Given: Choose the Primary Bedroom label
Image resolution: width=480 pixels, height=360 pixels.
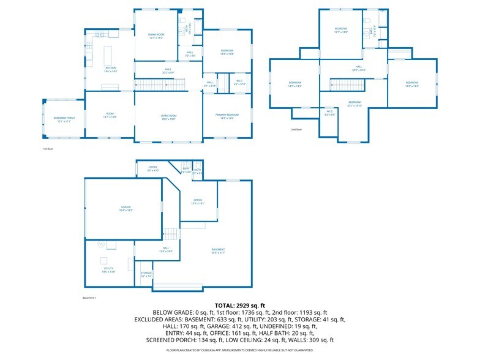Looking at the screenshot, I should (x=227, y=114).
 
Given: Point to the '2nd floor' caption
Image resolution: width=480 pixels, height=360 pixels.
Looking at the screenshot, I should (x=297, y=130).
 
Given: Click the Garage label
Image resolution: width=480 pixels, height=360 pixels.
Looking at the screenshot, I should (x=126, y=208).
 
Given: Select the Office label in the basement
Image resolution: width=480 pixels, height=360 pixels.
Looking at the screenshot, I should (x=198, y=200).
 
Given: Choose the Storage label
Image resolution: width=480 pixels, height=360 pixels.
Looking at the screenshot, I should (x=146, y=272).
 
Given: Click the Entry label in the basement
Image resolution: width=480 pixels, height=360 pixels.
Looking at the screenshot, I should (x=154, y=167).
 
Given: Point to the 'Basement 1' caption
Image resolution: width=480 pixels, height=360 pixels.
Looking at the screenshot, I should (x=90, y=298).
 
